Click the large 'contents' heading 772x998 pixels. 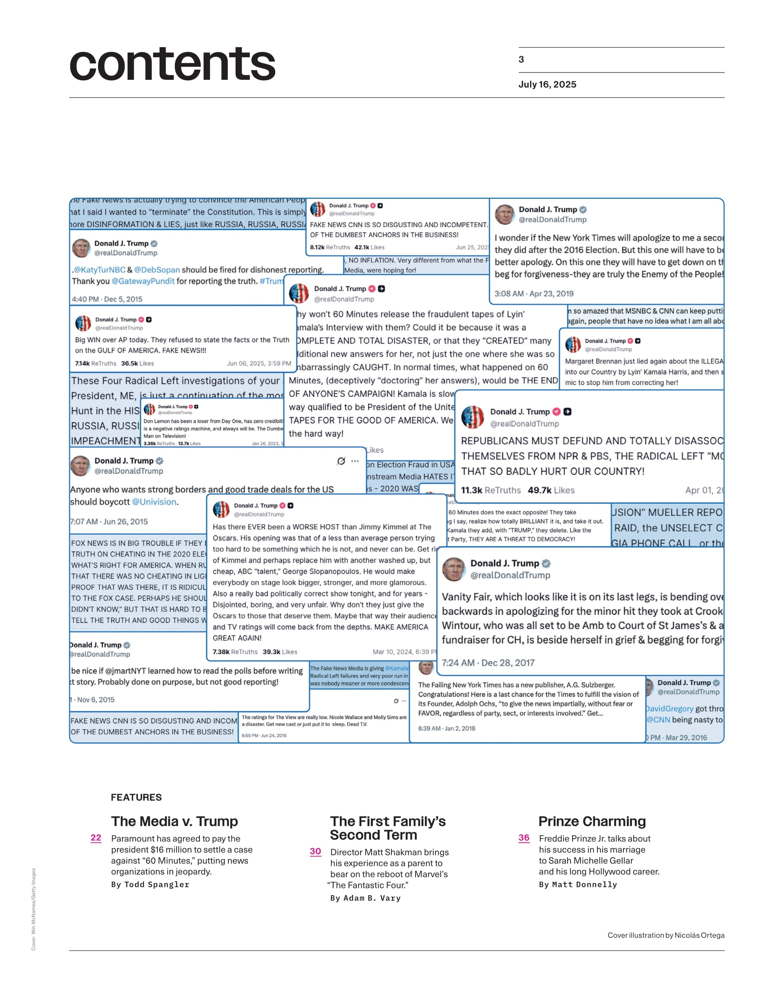point(172,64)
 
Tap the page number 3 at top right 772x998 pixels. point(521,59)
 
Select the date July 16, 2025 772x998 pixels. point(547,85)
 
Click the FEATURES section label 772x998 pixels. point(136,797)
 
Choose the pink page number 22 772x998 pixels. point(96,838)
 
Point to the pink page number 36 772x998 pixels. point(524,838)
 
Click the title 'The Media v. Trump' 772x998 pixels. point(175,821)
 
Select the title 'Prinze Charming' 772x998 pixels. point(592,821)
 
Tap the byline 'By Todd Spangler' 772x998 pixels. point(150,884)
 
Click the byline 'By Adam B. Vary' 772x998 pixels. point(365,898)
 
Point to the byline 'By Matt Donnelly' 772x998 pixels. point(578,884)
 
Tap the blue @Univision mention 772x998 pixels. point(154,502)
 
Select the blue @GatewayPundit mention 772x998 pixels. point(143,281)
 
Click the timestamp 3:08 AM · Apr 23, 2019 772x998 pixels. point(533,293)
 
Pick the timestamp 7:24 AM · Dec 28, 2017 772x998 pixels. point(488,663)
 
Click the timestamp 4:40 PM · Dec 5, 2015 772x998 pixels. point(107,299)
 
